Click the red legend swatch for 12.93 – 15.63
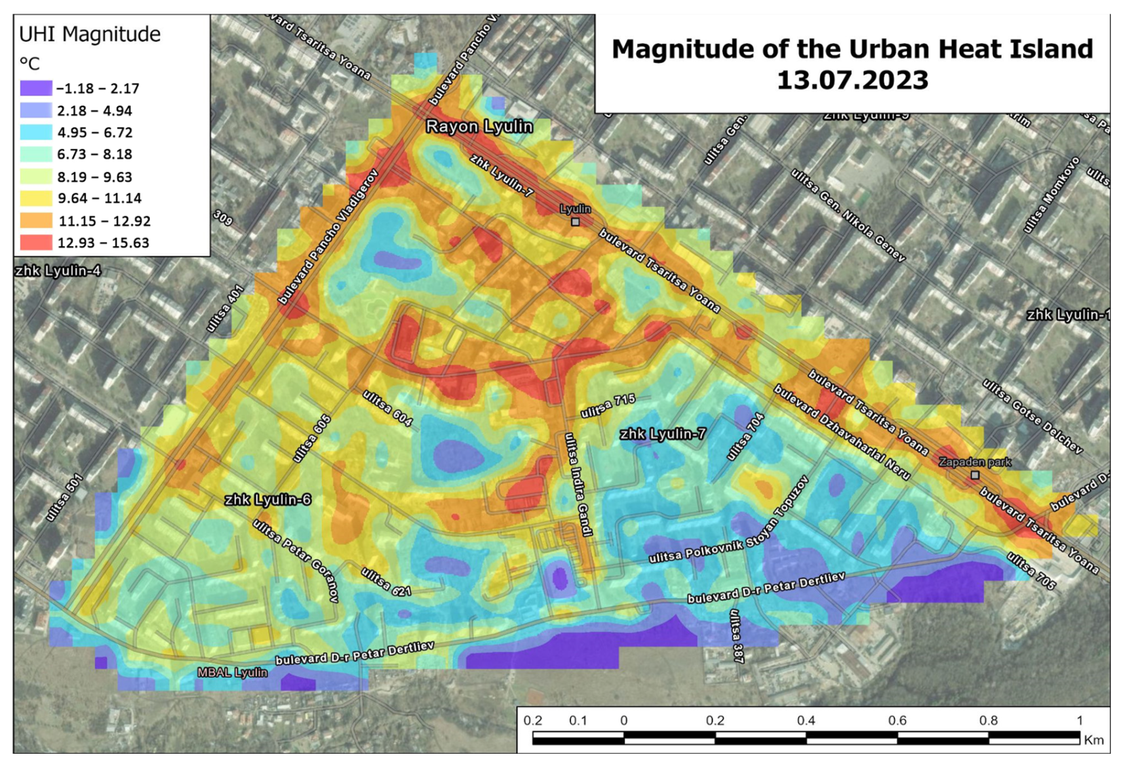[36, 243]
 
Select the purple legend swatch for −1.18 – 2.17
[36, 88]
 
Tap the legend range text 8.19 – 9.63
[94, 177]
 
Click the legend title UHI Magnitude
[90, 34]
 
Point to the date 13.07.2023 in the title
[852, 80]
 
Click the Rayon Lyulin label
[479, 127]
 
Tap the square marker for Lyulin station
[575, 222]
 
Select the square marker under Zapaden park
[975, 475]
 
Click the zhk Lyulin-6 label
[267, 500]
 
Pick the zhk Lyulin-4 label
[58, 271]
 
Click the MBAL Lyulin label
[232, 672]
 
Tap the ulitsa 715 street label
[608, 405]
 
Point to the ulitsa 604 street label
[387, 408]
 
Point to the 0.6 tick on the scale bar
[897, 721]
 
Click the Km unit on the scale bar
[1093, 740]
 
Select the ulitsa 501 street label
[64, 498]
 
